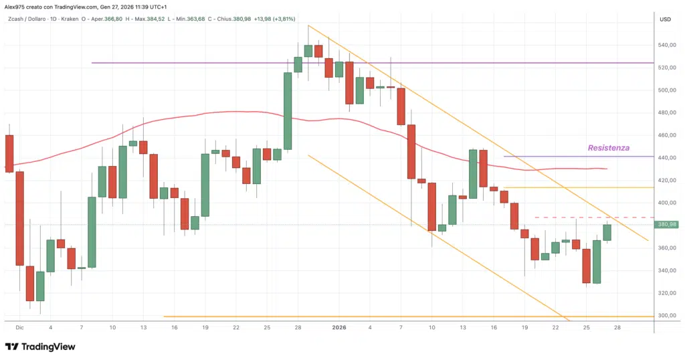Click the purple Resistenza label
608,148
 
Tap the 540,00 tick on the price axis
665,46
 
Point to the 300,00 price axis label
665,315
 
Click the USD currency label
665,19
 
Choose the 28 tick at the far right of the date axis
617,328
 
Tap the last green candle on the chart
607,232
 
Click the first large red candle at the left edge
9,154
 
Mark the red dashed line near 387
569,217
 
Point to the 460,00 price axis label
665,135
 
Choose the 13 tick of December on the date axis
143,328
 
